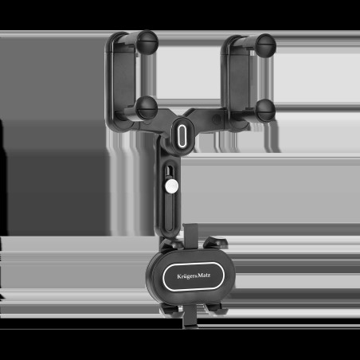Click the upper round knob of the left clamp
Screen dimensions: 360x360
coord(148,42)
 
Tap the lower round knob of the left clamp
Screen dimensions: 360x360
coord(147,108)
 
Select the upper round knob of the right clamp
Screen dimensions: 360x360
coord(266,45)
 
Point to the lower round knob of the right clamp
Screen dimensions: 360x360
coord(265,111)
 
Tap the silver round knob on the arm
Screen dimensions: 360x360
coord(171,186)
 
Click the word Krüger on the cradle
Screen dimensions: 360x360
coord(186,276)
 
